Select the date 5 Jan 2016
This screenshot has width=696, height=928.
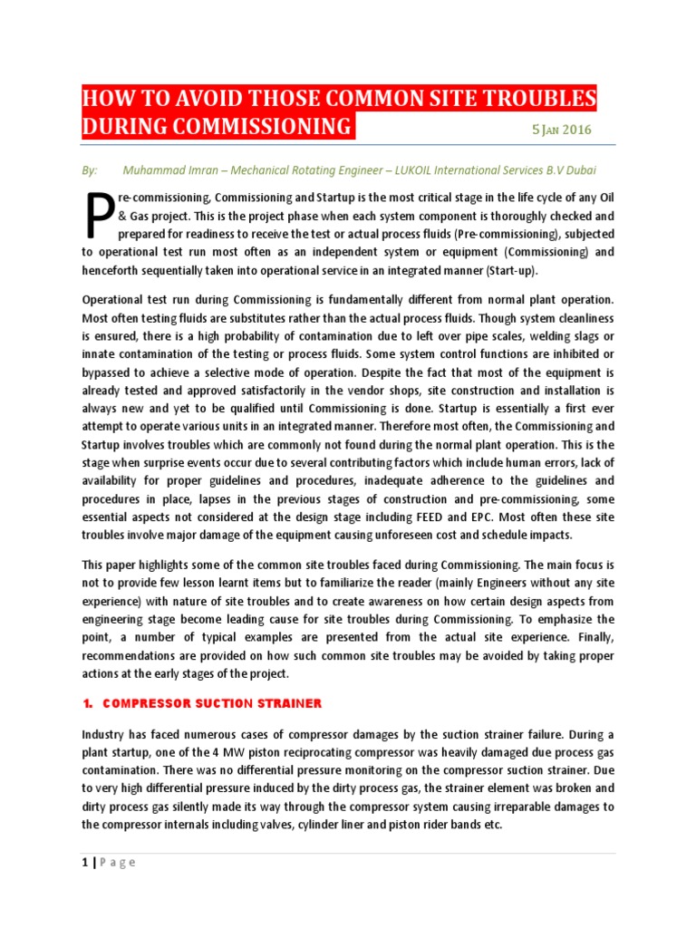561,129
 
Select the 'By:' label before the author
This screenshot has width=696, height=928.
89,170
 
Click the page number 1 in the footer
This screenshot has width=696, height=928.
85,862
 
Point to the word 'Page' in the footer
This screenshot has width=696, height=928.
118,862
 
